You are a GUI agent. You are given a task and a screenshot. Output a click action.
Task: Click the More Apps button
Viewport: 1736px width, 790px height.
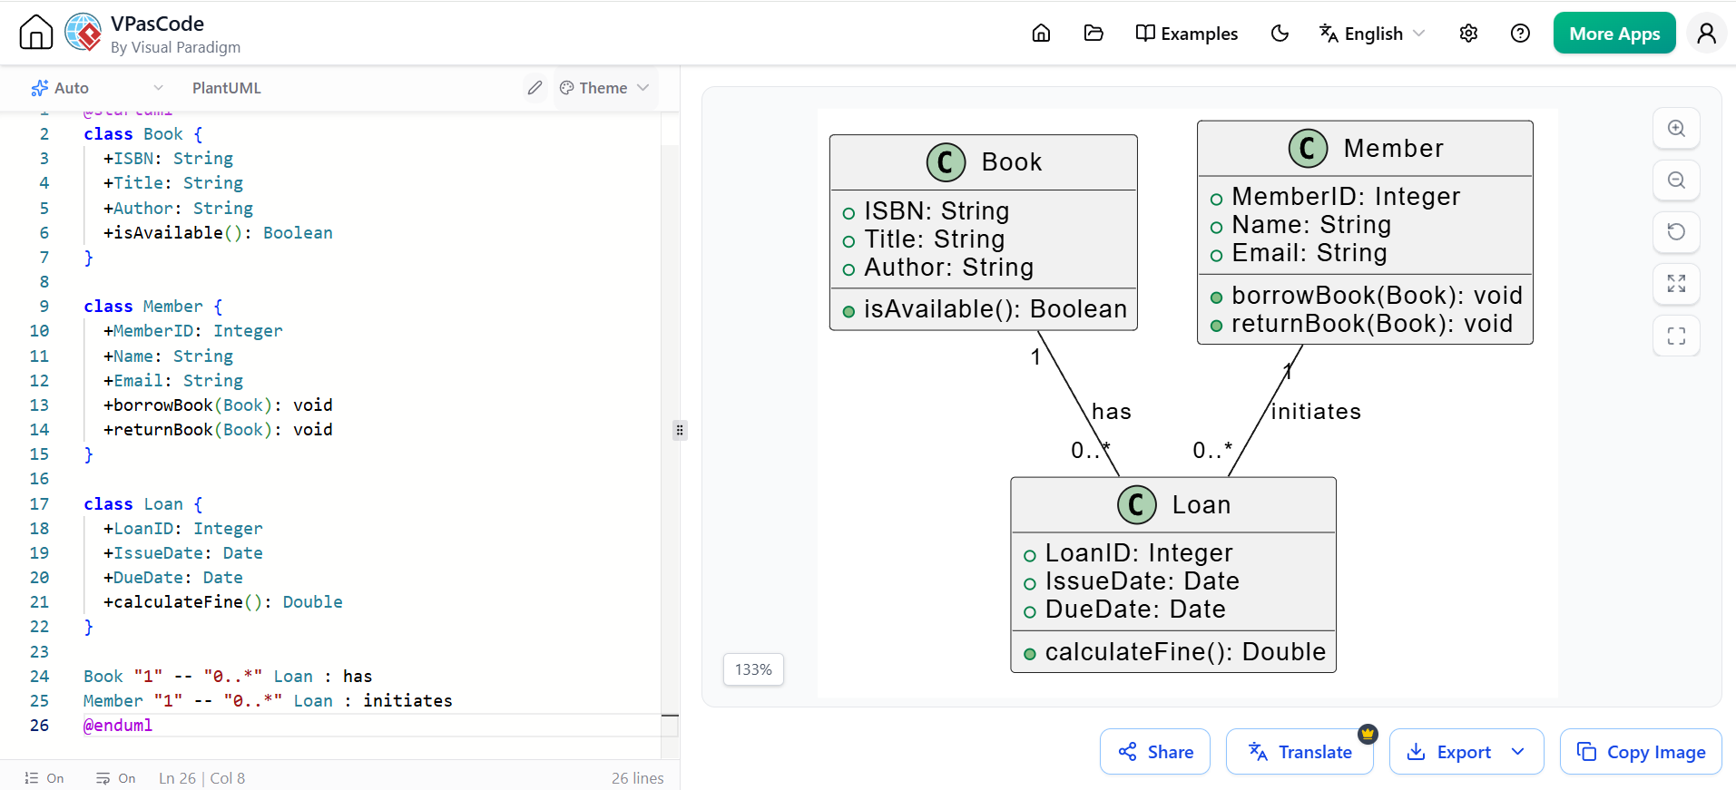tap(1613, 34)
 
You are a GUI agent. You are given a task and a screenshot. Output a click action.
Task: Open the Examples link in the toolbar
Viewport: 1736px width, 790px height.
tap(1186, 34)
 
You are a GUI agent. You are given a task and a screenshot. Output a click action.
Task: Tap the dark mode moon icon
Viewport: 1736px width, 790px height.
tap(1280, 34)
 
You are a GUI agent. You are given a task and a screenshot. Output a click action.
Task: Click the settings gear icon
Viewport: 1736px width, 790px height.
tap(1468, 34)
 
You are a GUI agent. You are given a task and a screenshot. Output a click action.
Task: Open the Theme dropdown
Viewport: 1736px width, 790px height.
tap(604, 88)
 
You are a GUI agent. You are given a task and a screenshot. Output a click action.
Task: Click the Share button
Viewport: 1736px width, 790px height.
tap(1154, 751)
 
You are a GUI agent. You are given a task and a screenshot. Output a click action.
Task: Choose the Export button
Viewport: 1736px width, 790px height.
tap(1466, 751)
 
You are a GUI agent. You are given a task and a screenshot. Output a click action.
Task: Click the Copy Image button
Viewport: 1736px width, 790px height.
tap(1640, 751)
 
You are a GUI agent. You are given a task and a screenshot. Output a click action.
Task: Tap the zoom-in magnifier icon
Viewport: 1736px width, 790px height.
tap(1676, 129)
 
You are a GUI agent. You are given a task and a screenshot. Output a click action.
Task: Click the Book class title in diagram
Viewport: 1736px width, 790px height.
tap(1012, 162)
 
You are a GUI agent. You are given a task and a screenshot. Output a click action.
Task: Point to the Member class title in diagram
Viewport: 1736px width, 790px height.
tap(1393, 149)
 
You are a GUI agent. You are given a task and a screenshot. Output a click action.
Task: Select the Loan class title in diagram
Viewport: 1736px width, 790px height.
tap(1201, 505)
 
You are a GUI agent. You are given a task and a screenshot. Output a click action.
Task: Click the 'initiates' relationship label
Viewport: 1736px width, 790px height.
tap(1316, 412)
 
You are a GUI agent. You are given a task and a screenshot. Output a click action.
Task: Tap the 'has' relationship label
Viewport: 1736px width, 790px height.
tap(1112, 412)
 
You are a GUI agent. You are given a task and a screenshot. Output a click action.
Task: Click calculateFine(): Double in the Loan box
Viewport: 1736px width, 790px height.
tap(1185, 652)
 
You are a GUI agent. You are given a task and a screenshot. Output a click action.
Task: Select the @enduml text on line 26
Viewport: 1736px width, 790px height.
tap(118, 726)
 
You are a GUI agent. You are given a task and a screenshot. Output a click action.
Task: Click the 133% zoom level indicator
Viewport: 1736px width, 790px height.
tap(753, 669)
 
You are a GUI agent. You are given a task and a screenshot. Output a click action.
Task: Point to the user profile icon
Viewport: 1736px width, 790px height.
tap(1706, 34)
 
